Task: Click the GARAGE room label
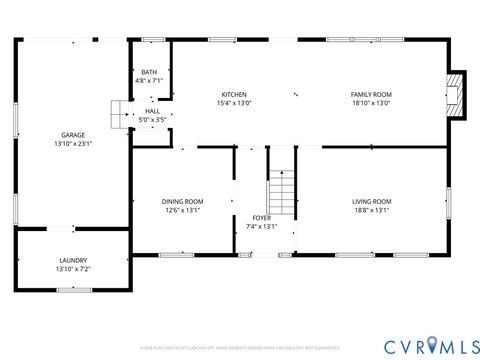pos(72,135)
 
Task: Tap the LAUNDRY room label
pos(72,260)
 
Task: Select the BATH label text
pos(149,72)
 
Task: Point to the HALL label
pos(152,111)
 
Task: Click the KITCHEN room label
pos(234,94)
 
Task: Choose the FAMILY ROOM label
pos(370,94)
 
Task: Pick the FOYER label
pos(261,217)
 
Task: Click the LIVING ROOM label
pos(371,201)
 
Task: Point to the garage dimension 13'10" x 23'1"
pos(72,144)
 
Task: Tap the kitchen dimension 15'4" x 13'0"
pos(234,103)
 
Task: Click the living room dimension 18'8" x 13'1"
pos(371,210)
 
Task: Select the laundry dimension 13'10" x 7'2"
pos(72,269)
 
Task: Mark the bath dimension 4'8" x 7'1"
pos(149,81)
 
